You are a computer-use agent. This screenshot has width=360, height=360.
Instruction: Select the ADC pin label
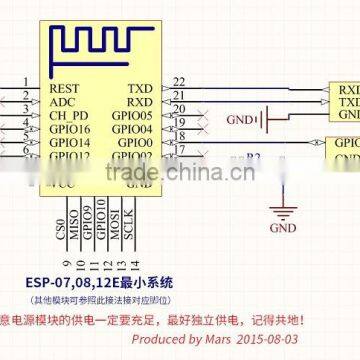62,101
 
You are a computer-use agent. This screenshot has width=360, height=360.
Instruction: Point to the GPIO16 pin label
70,129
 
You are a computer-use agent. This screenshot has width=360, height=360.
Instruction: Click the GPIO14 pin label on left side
70,143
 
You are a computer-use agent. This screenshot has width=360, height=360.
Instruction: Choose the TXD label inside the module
141,88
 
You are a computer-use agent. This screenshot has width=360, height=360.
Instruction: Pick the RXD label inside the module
141,101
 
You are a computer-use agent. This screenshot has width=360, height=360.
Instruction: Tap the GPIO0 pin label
138,143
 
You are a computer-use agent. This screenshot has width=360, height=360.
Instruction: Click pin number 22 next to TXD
178,81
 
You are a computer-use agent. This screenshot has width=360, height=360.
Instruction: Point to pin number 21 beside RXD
178,95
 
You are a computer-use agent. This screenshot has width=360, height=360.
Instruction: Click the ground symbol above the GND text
285,211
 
